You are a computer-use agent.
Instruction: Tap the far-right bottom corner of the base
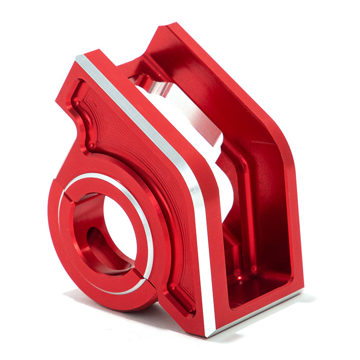tap(301, 290)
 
